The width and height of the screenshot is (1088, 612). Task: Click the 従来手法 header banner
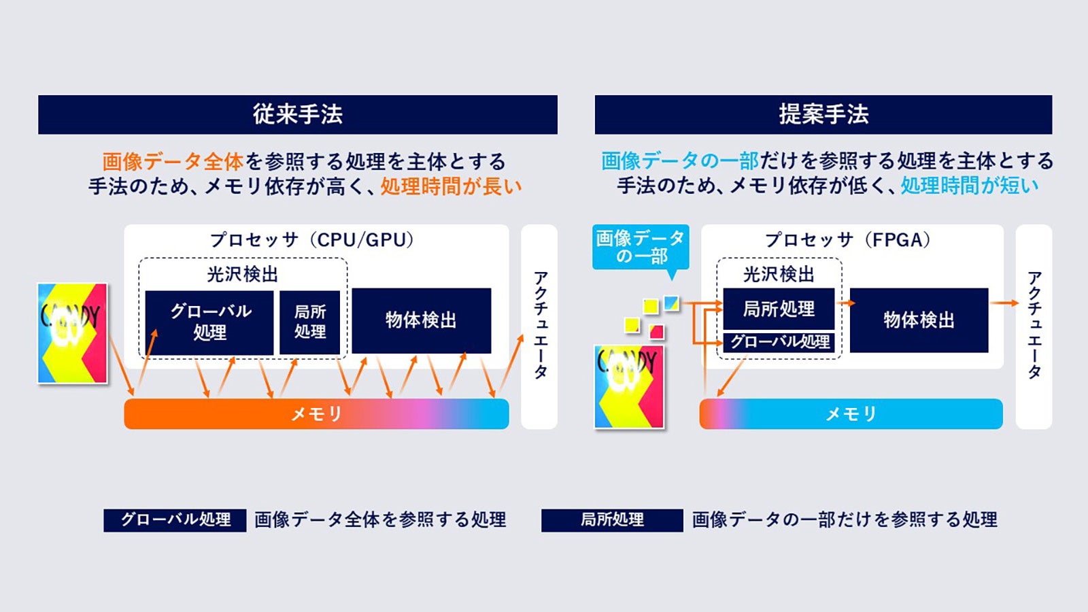[297, 114]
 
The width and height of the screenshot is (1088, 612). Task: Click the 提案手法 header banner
[823, 114]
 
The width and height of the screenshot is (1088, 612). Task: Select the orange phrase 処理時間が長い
[451, 186]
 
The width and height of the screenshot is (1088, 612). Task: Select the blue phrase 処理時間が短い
[970, 186]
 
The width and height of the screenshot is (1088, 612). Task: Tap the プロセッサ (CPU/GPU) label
[312, 240]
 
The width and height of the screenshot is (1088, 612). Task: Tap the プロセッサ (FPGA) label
[847, 240]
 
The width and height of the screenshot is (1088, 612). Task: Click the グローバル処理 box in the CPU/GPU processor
[209, 322]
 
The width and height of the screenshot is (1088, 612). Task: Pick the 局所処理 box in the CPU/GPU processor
[309, 322]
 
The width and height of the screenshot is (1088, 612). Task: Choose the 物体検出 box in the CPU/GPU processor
[421, 320]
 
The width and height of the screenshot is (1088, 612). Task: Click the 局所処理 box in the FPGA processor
[778, 309]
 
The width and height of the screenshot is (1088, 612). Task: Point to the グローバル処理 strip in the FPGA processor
[779, 341]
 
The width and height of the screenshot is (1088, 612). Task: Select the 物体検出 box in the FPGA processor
[919, 320]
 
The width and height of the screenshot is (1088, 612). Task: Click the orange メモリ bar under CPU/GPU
[316, 413]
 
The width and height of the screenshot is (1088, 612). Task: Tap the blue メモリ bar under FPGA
[851, 413]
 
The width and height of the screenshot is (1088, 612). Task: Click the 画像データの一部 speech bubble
[640, 247]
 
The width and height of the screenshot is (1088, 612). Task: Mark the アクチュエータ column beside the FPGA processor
[1034, 326]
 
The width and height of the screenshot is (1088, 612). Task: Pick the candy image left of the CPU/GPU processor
[72, 333]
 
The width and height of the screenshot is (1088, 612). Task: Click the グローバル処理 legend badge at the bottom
[175, 520]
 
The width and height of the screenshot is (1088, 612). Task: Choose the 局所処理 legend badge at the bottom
[612, 520]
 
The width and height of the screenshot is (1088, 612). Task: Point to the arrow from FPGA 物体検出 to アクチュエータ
[1004, 303]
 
